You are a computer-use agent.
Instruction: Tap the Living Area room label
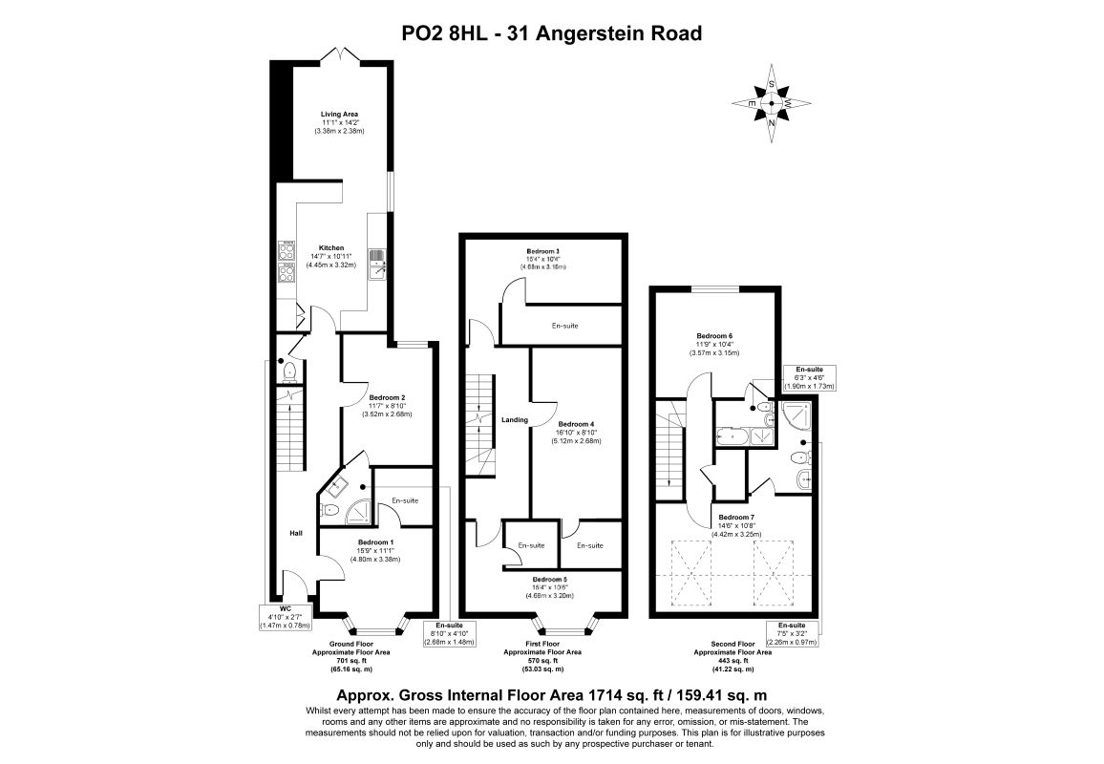pyautogui.click(x=339, y=115)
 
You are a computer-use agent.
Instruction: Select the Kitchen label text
pyautogui.click(x=331, y=247)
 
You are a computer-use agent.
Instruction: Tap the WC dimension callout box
pyautogui.click(x=285, y=617)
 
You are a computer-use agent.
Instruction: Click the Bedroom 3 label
pyautogui.click(x=542, y=251)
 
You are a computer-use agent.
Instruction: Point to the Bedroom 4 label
pyautogui.click(x=576, y=424)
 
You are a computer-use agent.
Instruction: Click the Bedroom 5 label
pyautogui.click(x=549, y=580)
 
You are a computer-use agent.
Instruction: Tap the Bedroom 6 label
pyautogui.click(x=713, y=336)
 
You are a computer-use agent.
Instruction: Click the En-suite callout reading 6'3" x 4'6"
pyautogui.click(x=810, y=377)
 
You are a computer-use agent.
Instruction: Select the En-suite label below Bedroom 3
pyautogui.click(x=564, y=326)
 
